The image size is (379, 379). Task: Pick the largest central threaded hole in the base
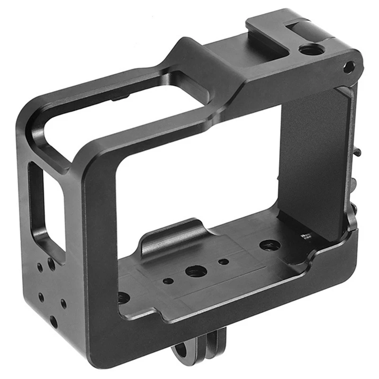click(x=194, y=271)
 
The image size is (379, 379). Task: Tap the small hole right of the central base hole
click(x=223, y=262)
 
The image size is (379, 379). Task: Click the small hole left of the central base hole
click(x=168, y=281)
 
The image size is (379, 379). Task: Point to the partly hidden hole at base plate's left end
click(x=123, y=298)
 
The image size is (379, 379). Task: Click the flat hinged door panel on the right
click(x=315, y=156)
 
